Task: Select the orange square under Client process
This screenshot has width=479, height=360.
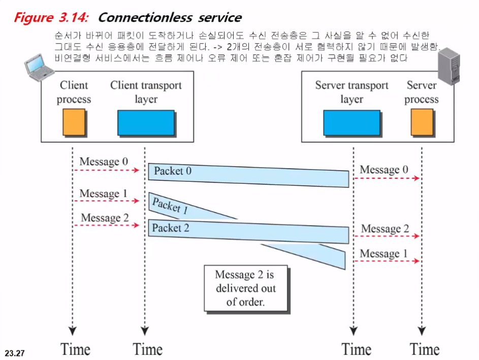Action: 74,122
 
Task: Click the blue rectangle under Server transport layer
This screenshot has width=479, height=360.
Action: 352,122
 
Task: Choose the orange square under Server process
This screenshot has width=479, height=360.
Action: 422,122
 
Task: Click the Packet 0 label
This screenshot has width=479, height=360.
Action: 173,171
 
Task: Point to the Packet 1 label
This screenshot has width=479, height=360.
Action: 170,206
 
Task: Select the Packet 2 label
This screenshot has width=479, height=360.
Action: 171,228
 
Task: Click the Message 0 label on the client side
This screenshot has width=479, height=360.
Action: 104,162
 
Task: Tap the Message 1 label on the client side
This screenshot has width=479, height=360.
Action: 104,194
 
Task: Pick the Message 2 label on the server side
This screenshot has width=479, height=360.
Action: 385,229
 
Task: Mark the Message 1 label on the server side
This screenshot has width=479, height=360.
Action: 384,253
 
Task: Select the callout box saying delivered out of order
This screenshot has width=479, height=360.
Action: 245,288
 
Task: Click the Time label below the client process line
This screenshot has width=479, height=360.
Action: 75,350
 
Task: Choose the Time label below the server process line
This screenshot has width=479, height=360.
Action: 425,350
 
